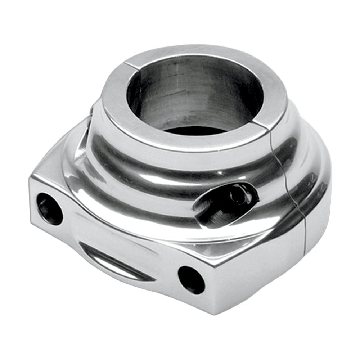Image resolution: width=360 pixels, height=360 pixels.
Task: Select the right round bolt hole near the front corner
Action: tap(191, 279)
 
